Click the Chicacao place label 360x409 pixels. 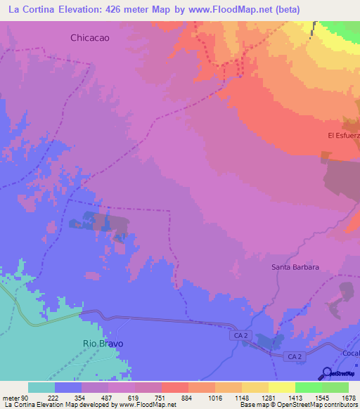click(x=91, y=38)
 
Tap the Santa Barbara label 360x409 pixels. click(x=295, y=267)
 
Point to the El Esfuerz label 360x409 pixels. click(x=343, y=135)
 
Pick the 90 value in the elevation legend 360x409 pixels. click(x=25, y=397)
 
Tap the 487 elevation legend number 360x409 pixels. click(x=108, y=397)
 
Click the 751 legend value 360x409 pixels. click(x=161, y=397)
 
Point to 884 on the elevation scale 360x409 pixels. click(x=188, y=397)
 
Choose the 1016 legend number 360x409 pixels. click(x=214, y=397)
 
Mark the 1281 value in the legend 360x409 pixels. click(x=268, y=397)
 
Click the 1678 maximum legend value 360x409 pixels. click(x=348, y=397)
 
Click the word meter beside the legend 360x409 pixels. click(x=11, y=397)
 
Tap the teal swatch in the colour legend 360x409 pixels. click(x=41, y=387)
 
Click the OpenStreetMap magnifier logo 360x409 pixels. click(x=326, y=373)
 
